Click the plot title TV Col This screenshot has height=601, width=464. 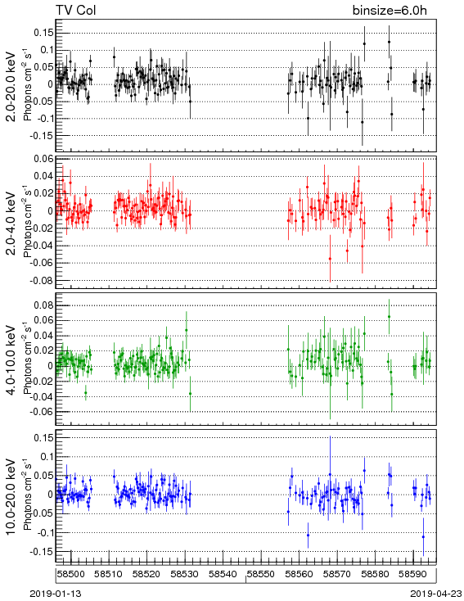pos(75,10)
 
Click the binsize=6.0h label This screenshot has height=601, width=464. pos(390,11)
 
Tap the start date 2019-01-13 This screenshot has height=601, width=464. pos(56,594)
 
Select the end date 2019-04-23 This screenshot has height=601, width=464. pos(436,594)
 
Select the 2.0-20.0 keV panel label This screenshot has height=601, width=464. pos(12,87)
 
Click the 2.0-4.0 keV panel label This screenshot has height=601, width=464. pos(12,223)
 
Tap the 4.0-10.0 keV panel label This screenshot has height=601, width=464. pos(12,360)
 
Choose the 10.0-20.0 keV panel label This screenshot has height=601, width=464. pos(12,496)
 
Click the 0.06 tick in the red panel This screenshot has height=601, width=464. pos(43,159)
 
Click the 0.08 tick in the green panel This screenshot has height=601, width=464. pos(43,305)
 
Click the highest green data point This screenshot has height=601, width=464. pos(389,317)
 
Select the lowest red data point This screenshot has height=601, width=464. pos(330,259)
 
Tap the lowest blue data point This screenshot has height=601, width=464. pos(423,537)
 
